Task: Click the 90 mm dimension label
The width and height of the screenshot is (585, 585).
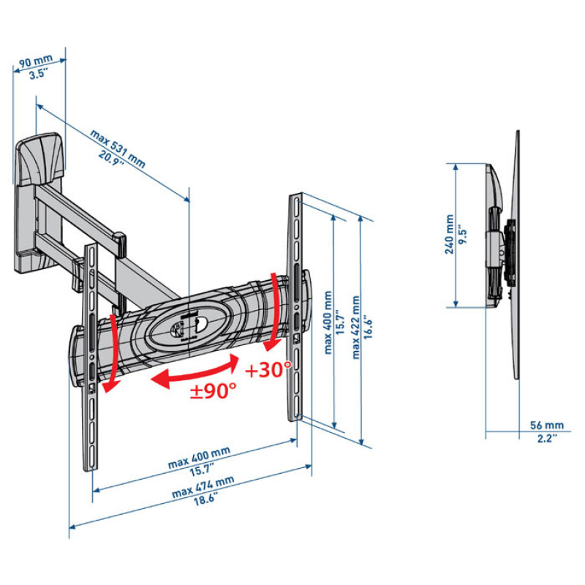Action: [x=36, y=61]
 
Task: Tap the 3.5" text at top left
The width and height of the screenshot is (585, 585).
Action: [x=39, y=74]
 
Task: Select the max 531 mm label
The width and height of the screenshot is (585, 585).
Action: [x=118, y=148]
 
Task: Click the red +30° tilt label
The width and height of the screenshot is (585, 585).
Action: [x=268, y=369]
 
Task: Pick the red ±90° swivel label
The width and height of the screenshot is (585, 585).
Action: [x=214, y=390]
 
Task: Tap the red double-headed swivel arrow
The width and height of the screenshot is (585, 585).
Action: [x=195, y=373]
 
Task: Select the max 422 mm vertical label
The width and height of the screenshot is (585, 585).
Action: [x=356, y=327]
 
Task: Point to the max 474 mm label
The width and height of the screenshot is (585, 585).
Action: [x=203, y=487]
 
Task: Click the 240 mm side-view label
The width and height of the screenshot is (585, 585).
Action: [x=449, y=234]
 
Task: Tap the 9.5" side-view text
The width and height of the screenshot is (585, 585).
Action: [x=462, y=234]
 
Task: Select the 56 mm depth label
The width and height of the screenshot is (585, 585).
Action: [x=547, y=425]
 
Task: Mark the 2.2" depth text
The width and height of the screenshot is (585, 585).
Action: [x=547, y=438]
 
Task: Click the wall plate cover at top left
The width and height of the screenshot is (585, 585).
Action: [x=40, y=159]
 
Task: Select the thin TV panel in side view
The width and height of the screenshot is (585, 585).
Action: [x=515, y=254]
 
